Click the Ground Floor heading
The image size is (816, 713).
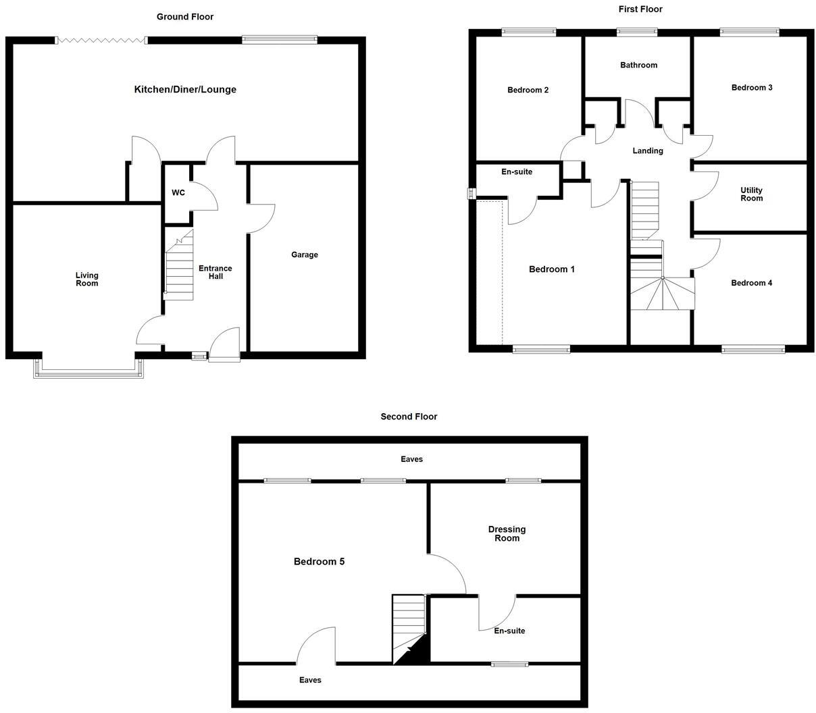click(185, 17)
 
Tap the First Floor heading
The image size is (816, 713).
click(640, 9)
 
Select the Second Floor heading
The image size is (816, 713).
click(409, 417)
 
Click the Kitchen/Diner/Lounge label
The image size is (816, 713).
click(185, 90)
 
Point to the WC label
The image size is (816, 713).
click(178, 193)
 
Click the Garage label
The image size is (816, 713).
click(305, 255)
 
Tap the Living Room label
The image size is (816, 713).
click(86, 279)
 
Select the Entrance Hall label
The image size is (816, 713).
click(215, 272)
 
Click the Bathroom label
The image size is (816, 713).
click(638, 65)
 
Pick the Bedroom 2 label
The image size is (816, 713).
click(528, 90)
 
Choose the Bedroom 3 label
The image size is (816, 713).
click(752, 88)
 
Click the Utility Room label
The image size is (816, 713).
click(751, 194)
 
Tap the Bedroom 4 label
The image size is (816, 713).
click(751, 283)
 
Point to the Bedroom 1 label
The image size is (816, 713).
click(551, 269)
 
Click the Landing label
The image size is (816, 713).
click(647, 151)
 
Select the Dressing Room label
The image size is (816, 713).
click(507, 534)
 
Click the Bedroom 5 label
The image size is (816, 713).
click(319, 562)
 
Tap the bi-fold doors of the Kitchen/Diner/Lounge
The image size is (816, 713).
click(101, 41)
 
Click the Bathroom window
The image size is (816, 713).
click(637, 31)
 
